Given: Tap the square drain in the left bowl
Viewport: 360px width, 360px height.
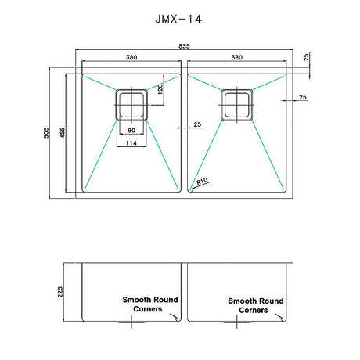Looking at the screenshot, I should pyautogui.click(x=131, y=104).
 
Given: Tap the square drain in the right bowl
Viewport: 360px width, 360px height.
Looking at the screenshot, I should pyautogui.click(x=236, y=104).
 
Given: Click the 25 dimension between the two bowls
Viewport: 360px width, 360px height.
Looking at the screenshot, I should pyautogui.click(x=196, y=124).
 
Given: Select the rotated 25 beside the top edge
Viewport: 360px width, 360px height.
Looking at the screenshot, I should pyautogui.click(x=306, y=57).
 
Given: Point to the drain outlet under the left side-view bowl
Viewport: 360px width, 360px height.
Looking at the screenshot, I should pyautogui.click(x=129, y=321).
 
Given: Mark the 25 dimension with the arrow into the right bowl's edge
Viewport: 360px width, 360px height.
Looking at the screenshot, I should pyautogui.click(x=301, y=98).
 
